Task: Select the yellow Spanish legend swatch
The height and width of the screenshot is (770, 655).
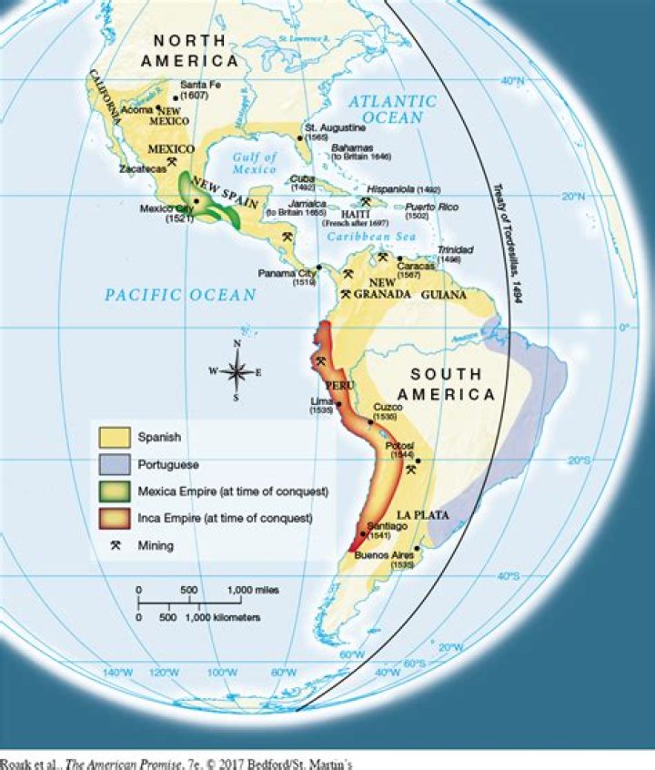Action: pos(116,438)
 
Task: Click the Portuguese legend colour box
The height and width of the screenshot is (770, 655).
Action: pos(116,464)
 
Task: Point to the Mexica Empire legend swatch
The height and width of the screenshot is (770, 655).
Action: pos(116,491)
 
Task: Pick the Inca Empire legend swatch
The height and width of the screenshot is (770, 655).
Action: pos(116,518)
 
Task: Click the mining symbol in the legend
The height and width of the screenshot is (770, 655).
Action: pos(116,545)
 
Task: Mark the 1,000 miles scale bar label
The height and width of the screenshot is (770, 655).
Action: pos(254,590)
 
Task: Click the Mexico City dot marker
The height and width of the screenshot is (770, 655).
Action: pos(196,200)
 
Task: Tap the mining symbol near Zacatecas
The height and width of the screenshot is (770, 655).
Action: pos(171,161)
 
